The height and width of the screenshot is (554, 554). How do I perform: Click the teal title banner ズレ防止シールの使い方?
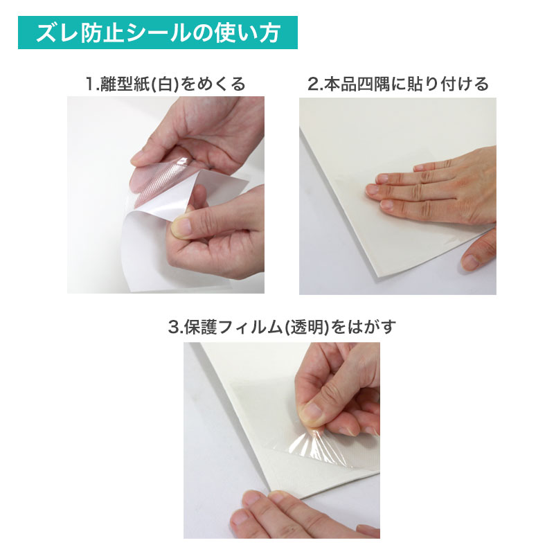coord(158,33)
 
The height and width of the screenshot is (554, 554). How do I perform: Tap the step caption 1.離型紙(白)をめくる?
coord(166,84)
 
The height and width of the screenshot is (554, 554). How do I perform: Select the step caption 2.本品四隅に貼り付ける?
coord(397,84)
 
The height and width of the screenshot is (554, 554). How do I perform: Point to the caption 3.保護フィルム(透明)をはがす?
coord(282,327)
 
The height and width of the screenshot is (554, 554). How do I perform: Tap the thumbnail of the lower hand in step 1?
coord(181,226)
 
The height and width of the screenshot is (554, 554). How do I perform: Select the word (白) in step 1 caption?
coord(166,84)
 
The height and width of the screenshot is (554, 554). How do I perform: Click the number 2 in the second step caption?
coord(312,84)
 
